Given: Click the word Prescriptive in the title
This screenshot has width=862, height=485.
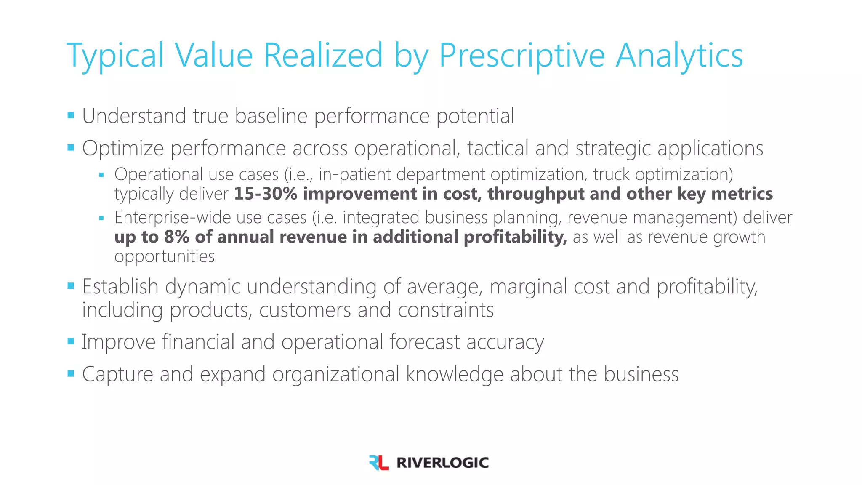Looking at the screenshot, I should pos(521,56).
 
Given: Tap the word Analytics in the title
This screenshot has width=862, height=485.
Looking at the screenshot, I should pos(679,56).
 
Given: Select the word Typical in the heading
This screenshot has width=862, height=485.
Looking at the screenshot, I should pos(115,56).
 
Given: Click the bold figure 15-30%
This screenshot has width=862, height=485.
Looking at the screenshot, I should pos(266,194).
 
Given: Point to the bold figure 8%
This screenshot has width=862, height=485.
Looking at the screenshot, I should pos(176,237).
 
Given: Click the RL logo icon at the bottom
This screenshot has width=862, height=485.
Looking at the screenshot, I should pos(378,462).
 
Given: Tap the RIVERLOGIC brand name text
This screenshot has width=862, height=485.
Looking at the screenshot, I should pos(442,463).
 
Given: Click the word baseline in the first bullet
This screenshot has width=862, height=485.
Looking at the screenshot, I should pos(271,116).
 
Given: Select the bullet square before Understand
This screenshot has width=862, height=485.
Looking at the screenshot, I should pos(71,115).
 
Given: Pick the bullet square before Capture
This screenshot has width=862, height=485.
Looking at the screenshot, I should pos(71,373).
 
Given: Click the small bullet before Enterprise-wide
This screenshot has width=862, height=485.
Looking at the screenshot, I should pos(101,218).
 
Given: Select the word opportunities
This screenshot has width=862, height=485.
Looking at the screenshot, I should pos(164,256).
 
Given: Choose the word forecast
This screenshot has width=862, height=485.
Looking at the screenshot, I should pos(424,341).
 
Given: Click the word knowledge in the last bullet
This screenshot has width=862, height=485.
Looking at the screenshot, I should pos(455,374).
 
